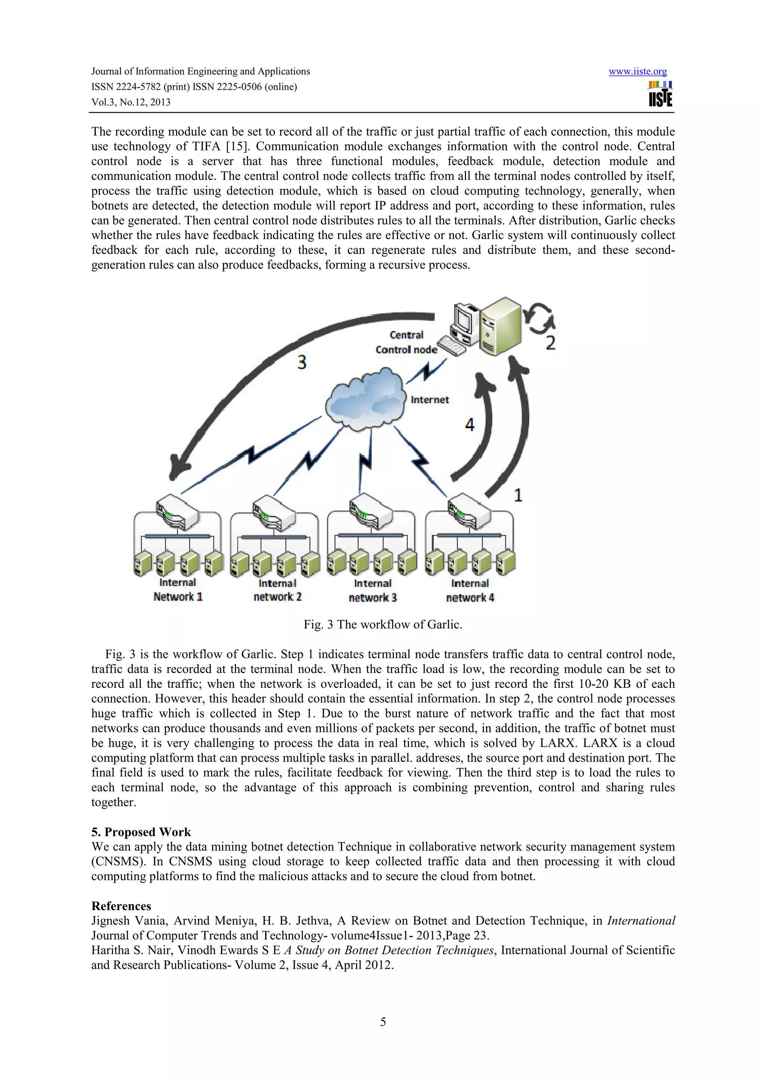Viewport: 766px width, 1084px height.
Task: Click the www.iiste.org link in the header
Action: click(x=637, y=71)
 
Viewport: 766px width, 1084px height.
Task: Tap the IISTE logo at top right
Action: click(x=660, y=94)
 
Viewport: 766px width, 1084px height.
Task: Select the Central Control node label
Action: click(x=406, y=342)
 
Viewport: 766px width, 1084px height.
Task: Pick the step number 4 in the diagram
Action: click(x=470, y=425)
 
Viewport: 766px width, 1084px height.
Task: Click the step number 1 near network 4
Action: click(x=518, y=495)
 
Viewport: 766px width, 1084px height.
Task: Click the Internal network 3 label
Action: click(x=373, y=591)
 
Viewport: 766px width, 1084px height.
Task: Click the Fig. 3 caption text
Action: click(x=383, y=625)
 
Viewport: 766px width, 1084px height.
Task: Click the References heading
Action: click(x=121, y=906)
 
